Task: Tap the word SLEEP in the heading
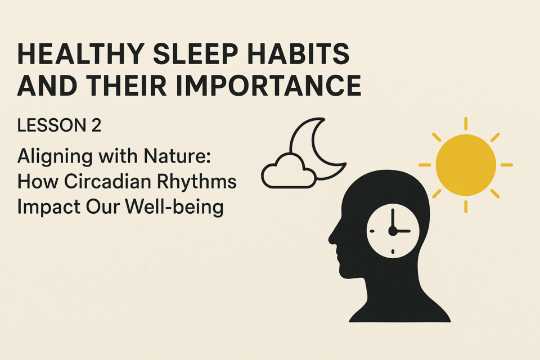point(195,54)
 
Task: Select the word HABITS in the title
point(298,54)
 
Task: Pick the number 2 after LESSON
point(96,125)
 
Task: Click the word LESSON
point(52,125)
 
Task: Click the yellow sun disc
point(466,165)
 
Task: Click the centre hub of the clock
point(393,231)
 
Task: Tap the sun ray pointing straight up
point(466,123)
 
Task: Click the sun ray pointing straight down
point(466,206)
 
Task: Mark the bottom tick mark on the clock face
point(393,252)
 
